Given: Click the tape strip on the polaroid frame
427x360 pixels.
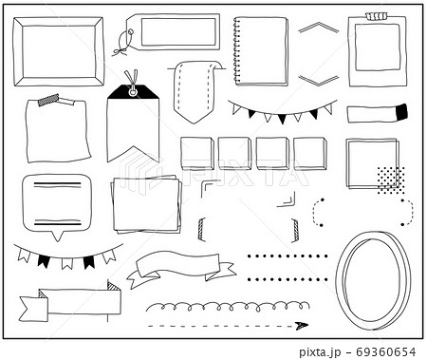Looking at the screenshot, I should coord(377,16).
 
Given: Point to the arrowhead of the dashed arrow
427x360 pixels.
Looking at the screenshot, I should coord(302,326).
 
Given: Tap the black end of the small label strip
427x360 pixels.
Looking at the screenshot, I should coord(400,112).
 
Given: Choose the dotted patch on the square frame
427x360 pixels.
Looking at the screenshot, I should coord(390,179).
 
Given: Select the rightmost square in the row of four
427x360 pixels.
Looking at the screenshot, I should coord(309,153).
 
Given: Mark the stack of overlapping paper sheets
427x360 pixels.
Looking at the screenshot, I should coord(146,203).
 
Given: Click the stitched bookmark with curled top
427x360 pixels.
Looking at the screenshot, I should coord(195,91).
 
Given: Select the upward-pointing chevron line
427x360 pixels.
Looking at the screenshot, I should coord(318,28).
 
